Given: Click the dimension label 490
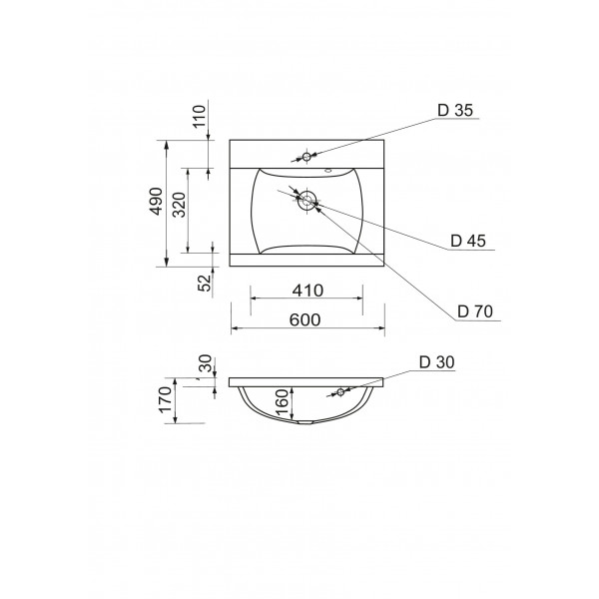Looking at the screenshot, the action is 156,201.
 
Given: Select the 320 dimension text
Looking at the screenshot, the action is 179,205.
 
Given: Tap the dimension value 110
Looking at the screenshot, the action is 199,116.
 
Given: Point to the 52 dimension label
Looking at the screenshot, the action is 205,283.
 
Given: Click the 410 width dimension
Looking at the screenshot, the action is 307,291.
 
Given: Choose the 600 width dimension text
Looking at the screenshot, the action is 304,319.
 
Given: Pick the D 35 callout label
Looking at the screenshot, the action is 455,110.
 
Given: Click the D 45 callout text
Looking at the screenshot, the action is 468,241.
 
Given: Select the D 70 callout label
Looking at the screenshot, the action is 475,311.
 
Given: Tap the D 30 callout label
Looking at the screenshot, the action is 436,362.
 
